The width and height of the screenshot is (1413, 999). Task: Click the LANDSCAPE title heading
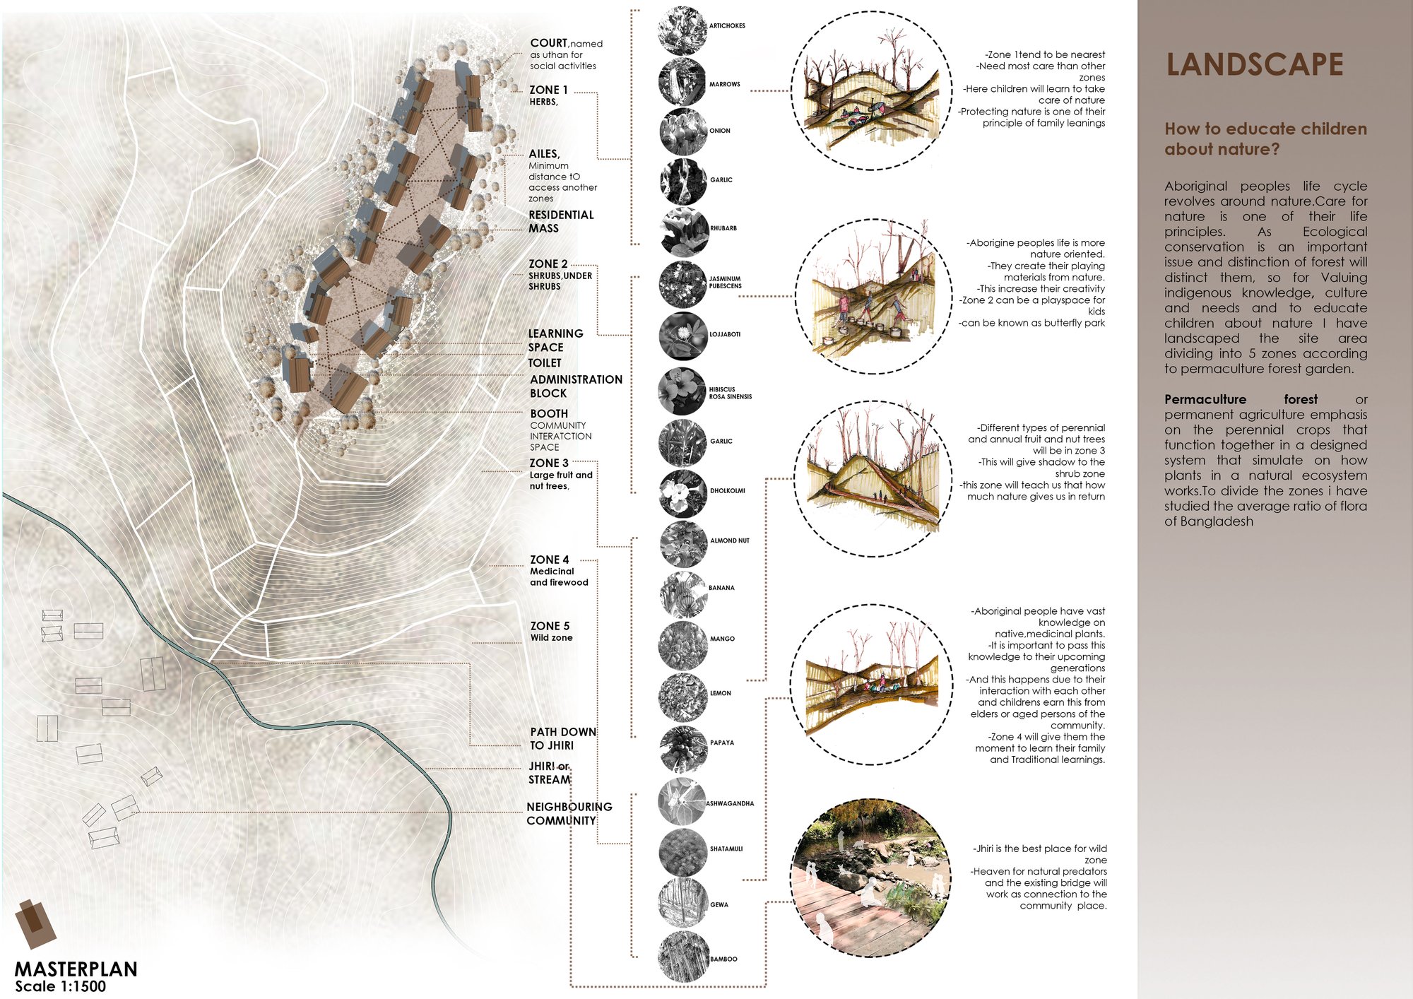pos(1254,64)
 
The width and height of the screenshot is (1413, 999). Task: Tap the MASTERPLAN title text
pos(76,969)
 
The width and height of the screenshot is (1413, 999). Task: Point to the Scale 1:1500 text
pos(60,986)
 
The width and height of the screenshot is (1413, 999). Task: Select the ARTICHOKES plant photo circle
pos(682,30)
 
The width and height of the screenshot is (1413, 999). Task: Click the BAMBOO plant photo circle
pos(683,957)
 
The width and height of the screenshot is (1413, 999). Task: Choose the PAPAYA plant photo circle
pos(683,749)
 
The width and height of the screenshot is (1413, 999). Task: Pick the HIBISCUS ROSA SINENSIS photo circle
pos(682,391)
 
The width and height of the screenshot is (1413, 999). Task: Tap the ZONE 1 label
pos(548,90)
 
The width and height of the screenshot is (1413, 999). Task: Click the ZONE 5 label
pos(550,626)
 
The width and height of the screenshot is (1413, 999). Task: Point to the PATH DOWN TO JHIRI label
pos(563,738)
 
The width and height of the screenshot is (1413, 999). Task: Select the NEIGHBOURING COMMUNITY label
pos(569,813)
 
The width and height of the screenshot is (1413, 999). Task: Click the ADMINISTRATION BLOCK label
pos(576,386)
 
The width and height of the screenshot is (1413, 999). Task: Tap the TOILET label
pos(545,362)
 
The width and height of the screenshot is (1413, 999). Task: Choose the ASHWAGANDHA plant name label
pos(730,803)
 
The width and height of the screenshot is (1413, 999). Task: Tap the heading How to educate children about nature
pos(1266,138)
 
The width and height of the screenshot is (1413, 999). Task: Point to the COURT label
pos(549,42)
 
